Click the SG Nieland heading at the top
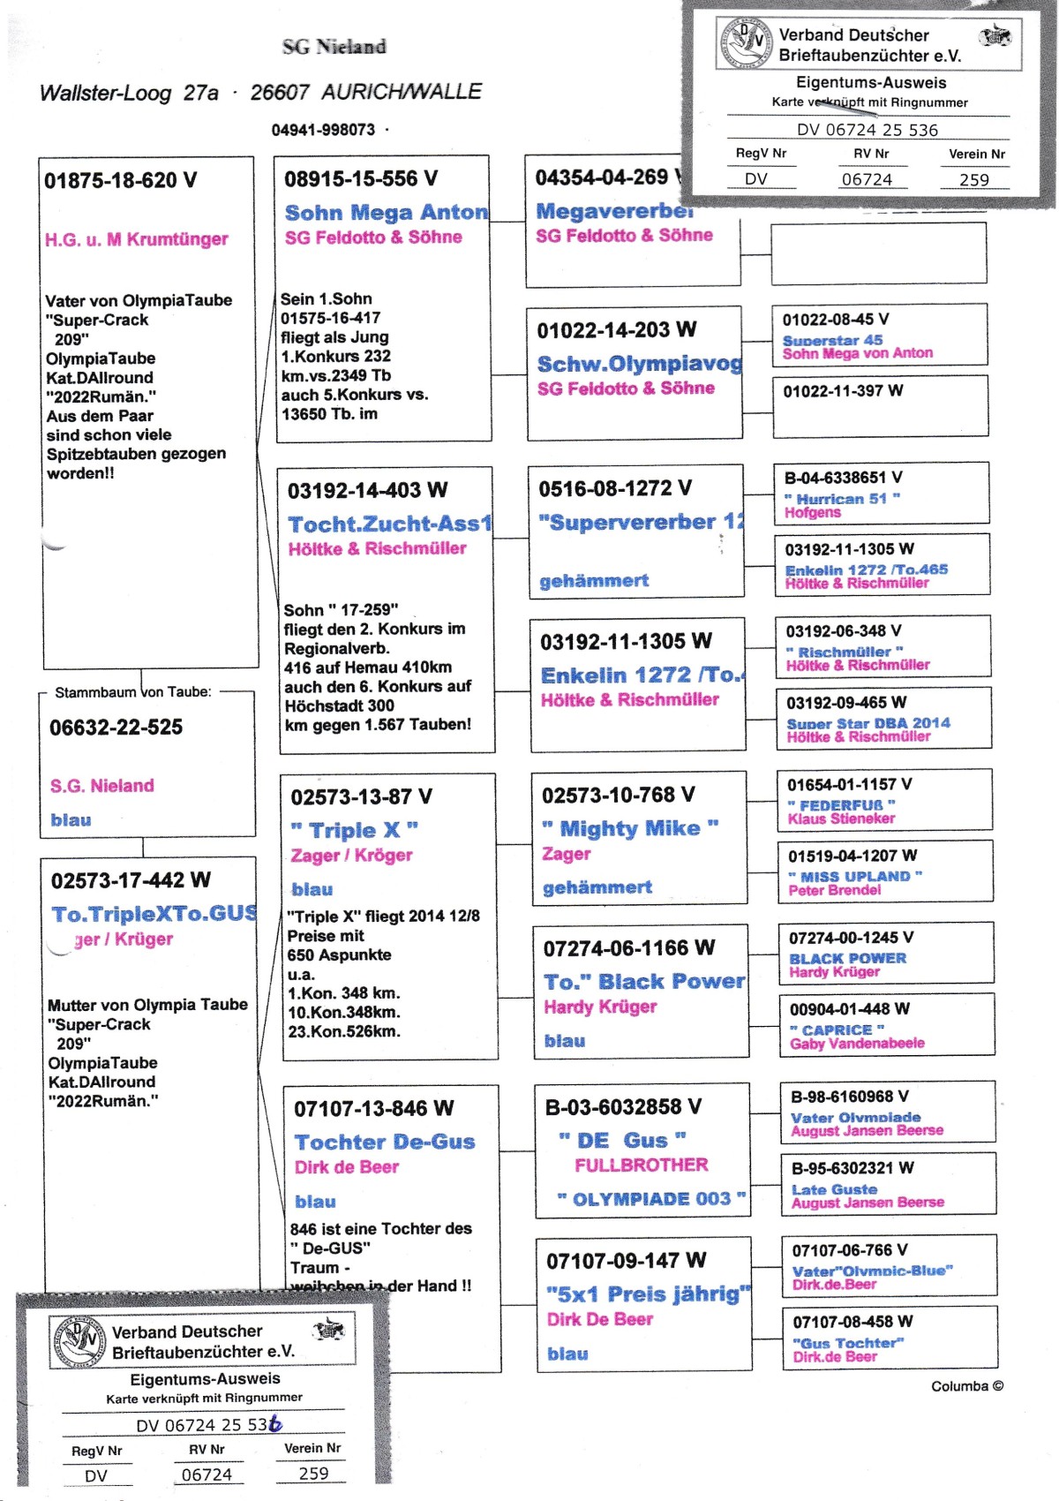(x=334, y=47)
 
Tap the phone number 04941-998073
(x=323, y=130)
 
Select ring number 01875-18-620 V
(x=121, y=181)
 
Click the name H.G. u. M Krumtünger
(x=137, y=239)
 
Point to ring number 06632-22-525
(x=116, y=728)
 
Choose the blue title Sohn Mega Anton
(x=386, y=213)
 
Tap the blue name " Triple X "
(x=355, y=830)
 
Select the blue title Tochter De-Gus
(x=384, y=1142)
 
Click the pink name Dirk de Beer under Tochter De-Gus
(x=347, y=1167)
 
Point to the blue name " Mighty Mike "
(x=630, y=828)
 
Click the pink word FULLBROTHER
(x=641, y=1165)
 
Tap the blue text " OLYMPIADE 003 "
(x=651, y=1199)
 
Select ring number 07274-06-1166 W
(x=628, y=948)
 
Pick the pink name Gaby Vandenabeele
(x=857, y=1044)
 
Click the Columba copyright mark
(x=967, y=1386)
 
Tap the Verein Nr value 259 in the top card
(x=973, y=179)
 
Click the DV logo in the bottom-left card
(x=79, y=1341)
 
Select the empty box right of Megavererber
(x=879, y=253)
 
